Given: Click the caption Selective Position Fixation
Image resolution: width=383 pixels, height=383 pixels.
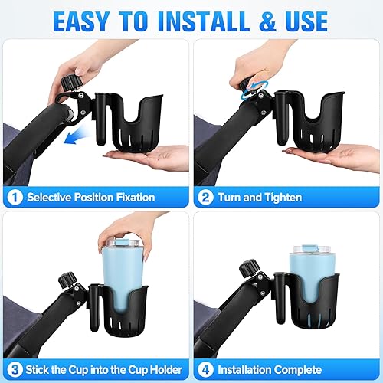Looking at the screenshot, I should coord(91,198).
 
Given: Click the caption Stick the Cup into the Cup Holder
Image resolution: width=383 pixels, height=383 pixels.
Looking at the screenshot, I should coord(103,368).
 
